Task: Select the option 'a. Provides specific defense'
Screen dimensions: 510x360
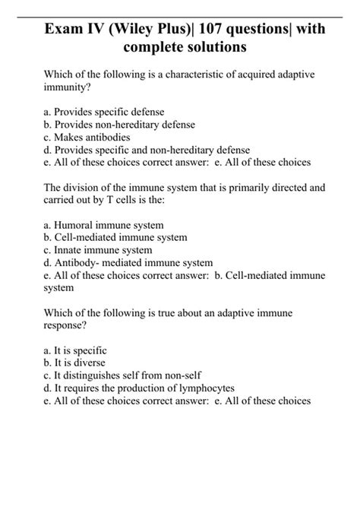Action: (x=104, y=112)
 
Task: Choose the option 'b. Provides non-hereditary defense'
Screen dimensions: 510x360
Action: (x=119, y=125)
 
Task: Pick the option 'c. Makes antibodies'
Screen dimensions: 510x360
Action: (x=87, y=138)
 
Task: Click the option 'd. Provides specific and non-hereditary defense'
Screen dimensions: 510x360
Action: (x=147, y=150)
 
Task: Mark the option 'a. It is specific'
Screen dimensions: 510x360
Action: (x=75, y=350)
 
